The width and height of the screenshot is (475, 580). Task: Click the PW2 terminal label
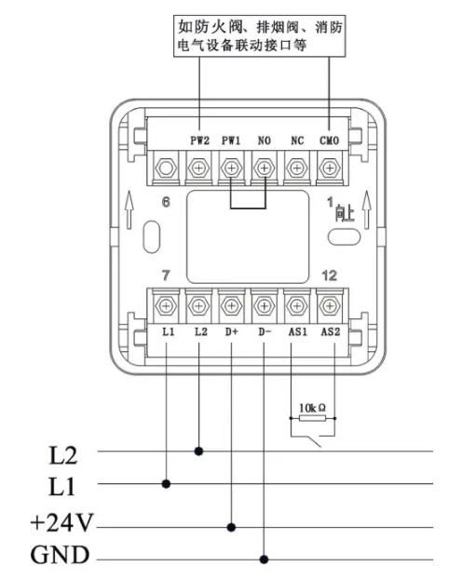(x=199, y=141)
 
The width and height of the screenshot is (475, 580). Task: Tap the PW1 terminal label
(x=231, y=141)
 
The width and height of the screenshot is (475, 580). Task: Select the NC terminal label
(x=297, y=141)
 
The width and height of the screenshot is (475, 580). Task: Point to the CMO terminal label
(x=330, y=141)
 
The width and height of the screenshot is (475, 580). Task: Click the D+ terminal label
(x=232, y=331)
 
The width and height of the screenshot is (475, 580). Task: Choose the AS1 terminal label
(x=298, y=331)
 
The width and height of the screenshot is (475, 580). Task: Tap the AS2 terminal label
(x=331, y=331)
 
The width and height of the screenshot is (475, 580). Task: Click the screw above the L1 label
(x=166, y=305)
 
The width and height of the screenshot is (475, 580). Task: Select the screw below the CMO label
(x=330, y=169)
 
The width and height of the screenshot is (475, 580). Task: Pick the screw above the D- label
(x=264, y=305)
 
